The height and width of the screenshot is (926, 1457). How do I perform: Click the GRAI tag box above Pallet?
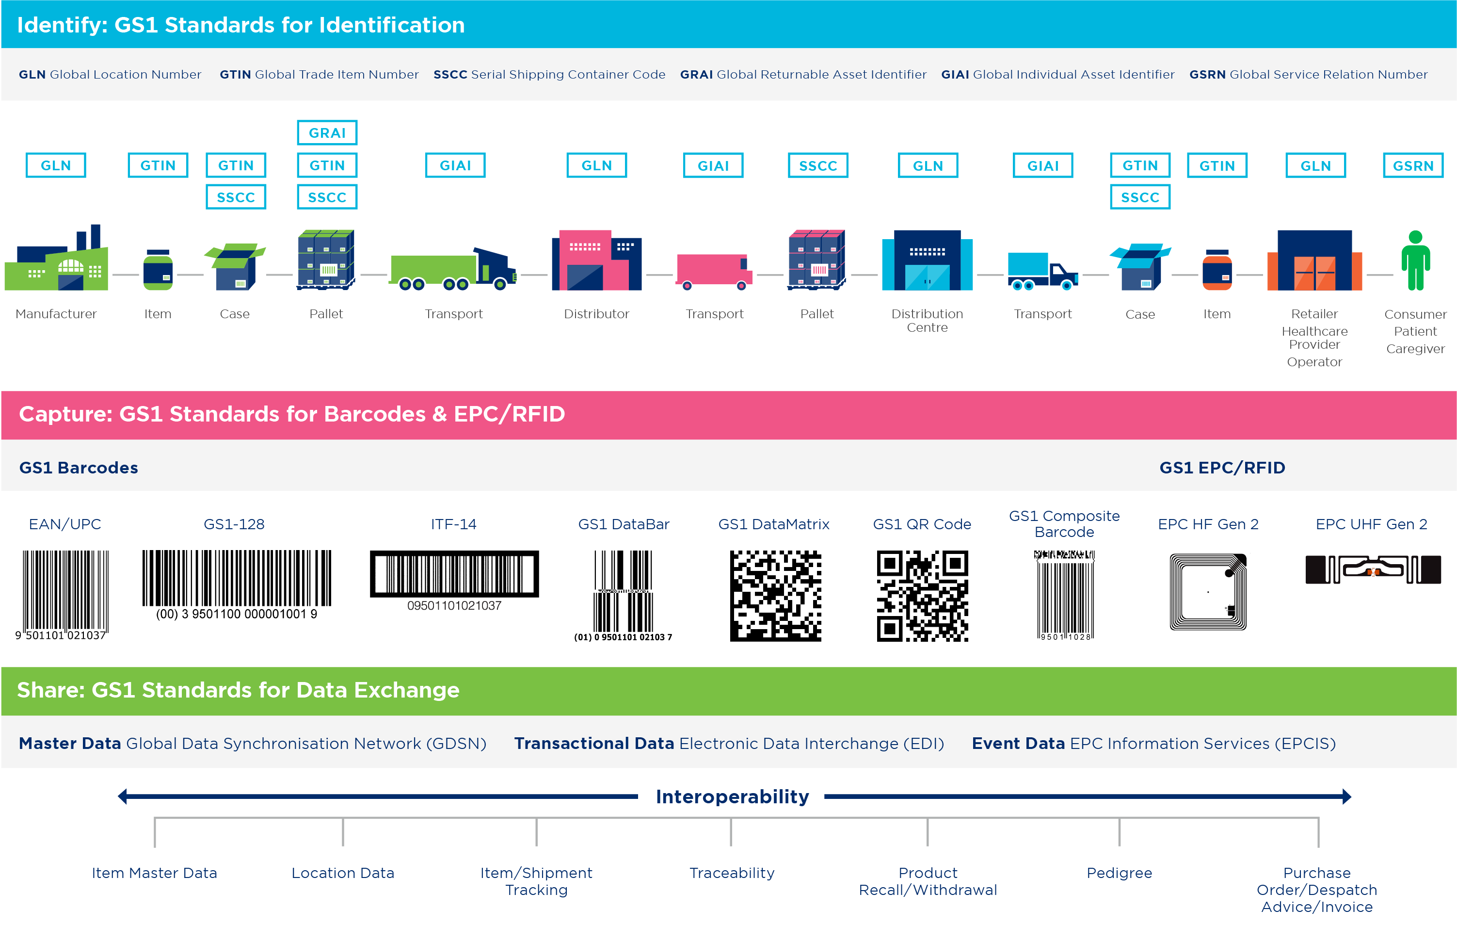point(327,132)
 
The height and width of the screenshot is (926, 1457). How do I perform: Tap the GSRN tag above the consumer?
point(1413,165)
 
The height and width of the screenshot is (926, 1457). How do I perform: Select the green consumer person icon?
point(1415,260)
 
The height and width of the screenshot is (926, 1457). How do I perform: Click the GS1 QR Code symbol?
point(922,596)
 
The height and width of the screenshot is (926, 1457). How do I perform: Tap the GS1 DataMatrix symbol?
point(775,596)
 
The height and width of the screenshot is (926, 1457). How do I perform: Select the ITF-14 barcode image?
point(454,574)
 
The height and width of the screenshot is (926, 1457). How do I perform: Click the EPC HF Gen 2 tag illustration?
point(1208,592)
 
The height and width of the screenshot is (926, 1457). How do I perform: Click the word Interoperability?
point(732,796)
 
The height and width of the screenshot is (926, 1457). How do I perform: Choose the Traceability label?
point(732,873)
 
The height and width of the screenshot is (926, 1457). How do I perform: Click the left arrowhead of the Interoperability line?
point(122,796)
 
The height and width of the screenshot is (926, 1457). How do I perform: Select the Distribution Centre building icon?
point(927,260)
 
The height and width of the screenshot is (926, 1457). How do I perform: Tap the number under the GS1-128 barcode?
point(237,614)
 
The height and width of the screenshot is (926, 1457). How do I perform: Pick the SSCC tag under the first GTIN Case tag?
point(236,197)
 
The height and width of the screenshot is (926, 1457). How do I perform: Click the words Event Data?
point(1018,743)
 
